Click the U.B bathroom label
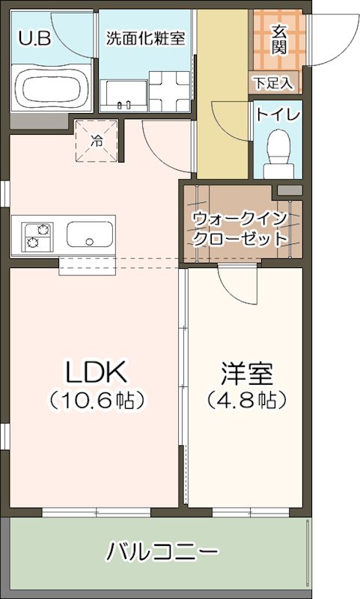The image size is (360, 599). (x=34, y=37)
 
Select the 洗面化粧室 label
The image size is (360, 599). (x=145, y=37)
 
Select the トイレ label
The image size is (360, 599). (x=278, y=115)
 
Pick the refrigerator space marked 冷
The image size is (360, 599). (x=97, y=139)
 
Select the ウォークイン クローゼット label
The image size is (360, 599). (x=240, y=229)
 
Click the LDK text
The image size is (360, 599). (x=97, y=370)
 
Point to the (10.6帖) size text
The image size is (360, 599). (x=97, y=400)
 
